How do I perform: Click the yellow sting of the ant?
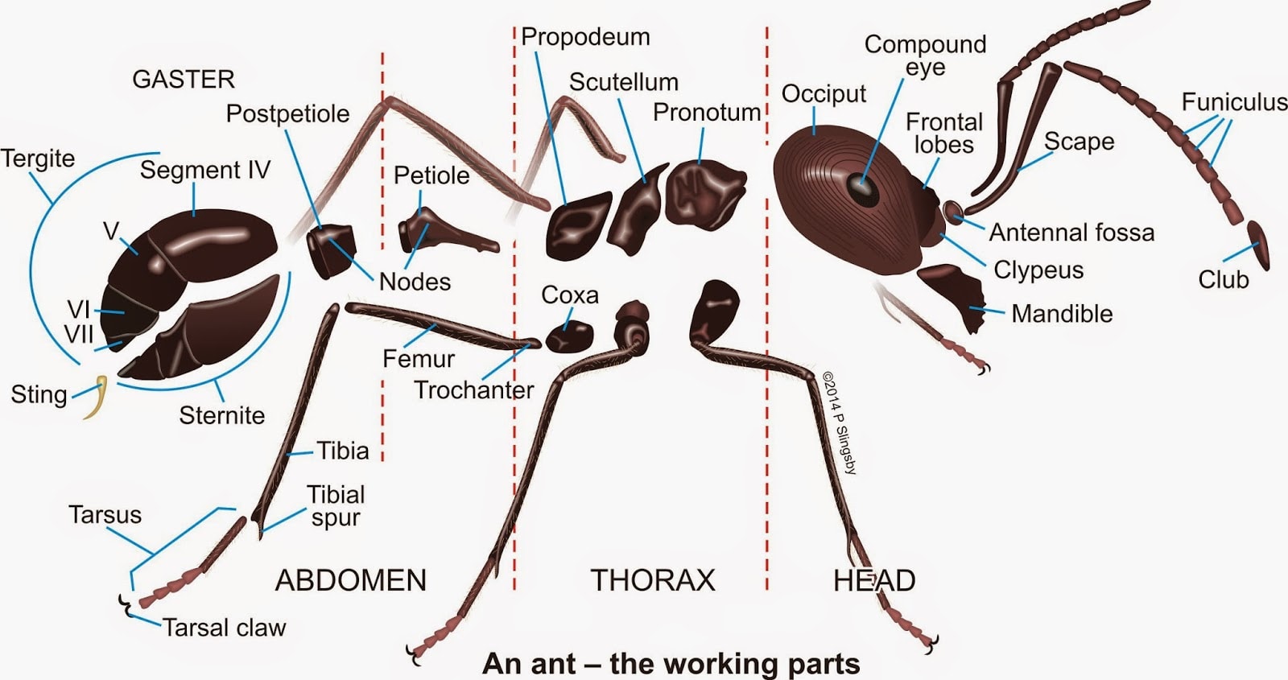click(99, 397)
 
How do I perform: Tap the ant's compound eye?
click(862, 188)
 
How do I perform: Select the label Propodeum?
click(585, 37)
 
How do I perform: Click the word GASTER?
click(184, 80)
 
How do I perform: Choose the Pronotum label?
click(707, 112)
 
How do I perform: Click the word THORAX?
click(653, 580)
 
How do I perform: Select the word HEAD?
click(874, 580)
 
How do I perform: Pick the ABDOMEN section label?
click(351, 580)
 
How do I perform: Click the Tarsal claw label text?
click(225, 628)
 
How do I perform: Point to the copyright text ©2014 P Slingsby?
click(840, 423)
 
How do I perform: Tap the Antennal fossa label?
click(1071, 233)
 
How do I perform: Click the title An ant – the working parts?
click(671, 663)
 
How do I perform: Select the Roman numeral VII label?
click(79, 334)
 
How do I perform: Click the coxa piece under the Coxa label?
click(569, 337)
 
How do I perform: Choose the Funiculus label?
click(1234, 102)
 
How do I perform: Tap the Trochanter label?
click(474, 390)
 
